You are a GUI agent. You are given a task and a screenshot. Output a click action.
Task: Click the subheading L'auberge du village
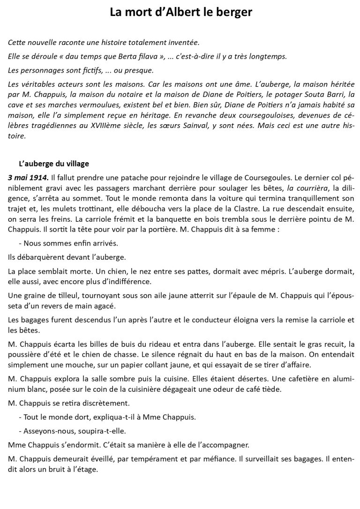(x=53, y=164)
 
